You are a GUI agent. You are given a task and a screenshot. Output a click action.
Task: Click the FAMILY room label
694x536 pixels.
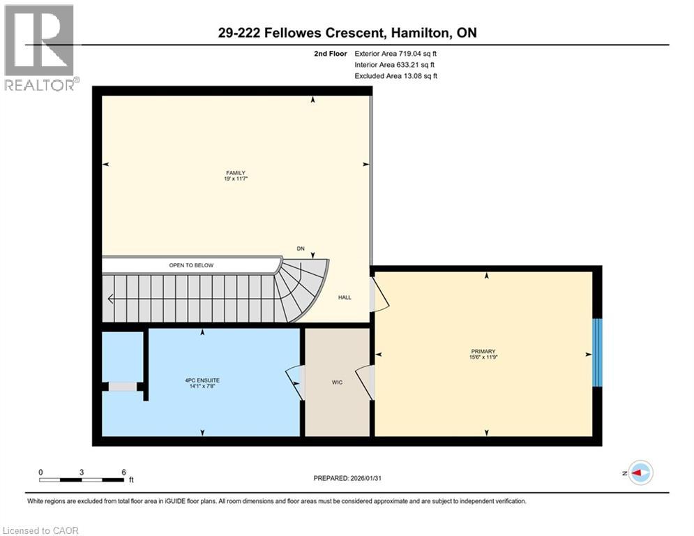(234, 173)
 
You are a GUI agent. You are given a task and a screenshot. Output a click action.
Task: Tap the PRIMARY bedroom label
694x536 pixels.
(483, 351)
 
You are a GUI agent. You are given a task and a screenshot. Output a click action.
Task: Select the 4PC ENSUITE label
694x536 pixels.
(203, 380)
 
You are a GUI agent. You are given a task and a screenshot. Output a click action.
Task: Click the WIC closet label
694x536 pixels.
(337, 382)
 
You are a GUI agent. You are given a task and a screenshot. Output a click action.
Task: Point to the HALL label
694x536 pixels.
(345, 297)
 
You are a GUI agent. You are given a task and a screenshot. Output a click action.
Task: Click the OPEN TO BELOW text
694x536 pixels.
(191, 265)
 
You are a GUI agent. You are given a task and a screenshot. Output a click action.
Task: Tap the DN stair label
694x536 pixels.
(301, 248)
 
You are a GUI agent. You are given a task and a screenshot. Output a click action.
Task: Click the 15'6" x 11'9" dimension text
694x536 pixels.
(483, 357)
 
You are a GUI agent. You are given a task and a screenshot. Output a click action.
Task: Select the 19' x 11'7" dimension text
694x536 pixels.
(234, 179)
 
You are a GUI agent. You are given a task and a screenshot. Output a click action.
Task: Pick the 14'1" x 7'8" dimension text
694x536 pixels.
(203, 387)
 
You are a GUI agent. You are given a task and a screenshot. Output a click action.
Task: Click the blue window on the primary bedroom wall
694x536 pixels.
(596, 352)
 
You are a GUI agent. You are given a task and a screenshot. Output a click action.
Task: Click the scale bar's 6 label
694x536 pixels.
(123, 472)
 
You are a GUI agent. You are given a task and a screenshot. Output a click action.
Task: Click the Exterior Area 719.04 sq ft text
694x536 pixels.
(396, 53)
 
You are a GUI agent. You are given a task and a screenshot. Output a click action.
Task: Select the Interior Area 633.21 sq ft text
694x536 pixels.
(395, 65)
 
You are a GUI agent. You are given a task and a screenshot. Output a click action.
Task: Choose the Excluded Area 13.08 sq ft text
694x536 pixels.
(396, 76)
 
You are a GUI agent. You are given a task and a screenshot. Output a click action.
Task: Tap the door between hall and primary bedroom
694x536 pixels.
(381, 293)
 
